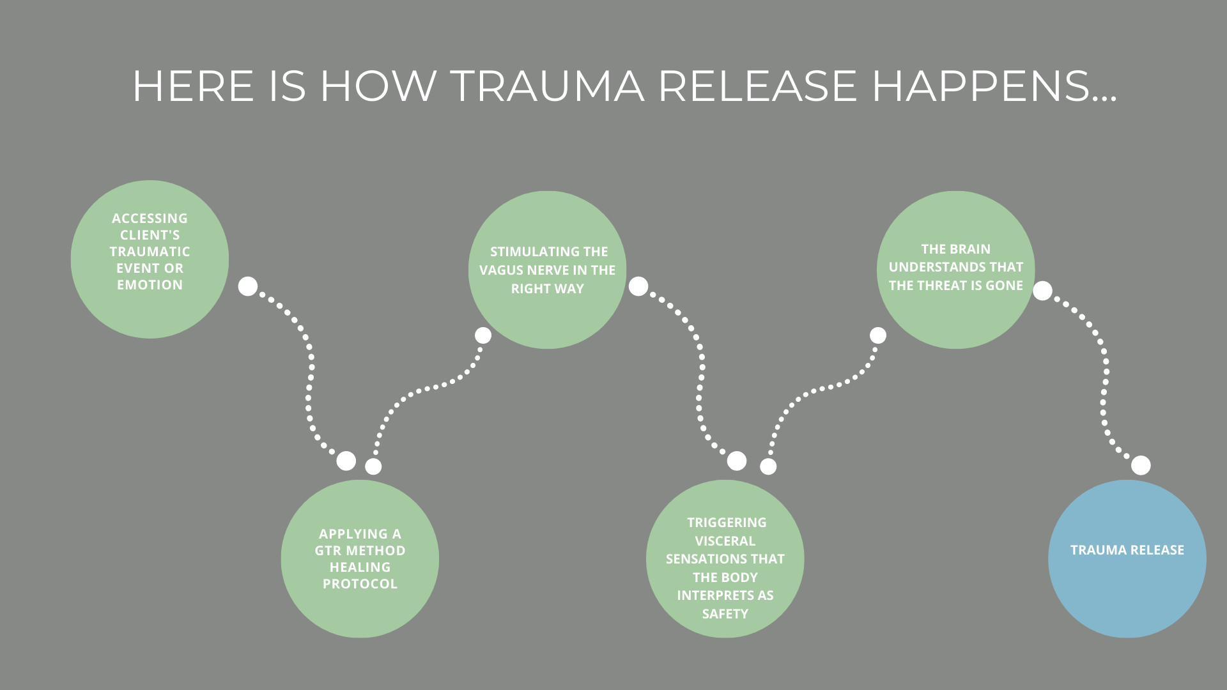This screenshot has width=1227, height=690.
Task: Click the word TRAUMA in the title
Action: (x=547, y=86)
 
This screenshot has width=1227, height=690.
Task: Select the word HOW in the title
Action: (x=378, y=86)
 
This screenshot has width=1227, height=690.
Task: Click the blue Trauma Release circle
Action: (x=1127, y=559)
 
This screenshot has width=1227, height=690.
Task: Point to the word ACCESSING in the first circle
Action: (x=150, y=218)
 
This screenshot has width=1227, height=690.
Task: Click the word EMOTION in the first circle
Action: (x=150, y=285)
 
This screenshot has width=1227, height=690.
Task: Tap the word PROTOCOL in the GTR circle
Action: (x=360, y=584)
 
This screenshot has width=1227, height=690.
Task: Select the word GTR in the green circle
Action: (x=328, y=551)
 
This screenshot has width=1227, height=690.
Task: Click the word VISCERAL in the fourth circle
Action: (x=725, y=541)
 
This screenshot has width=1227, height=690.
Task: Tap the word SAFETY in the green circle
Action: (x=725, y=614)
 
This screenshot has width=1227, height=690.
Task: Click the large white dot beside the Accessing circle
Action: (x=248, y=286)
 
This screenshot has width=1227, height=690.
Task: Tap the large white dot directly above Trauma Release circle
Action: (x=1141, y=465)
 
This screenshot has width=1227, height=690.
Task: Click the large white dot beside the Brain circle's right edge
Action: (x=1042, y=291)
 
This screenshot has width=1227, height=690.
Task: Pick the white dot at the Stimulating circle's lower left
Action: (x=483, y=335)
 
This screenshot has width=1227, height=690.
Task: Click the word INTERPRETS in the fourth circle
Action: (x=725, y=595)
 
